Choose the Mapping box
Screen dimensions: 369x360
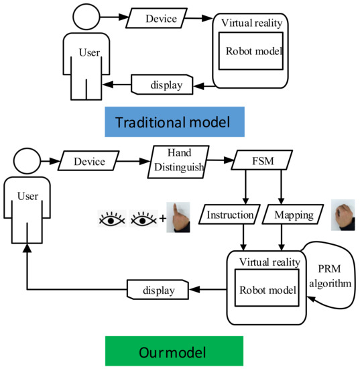pos(293,216)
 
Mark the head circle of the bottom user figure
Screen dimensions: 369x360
pos(27,162)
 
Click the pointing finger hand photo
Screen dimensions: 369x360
pos(178,217)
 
